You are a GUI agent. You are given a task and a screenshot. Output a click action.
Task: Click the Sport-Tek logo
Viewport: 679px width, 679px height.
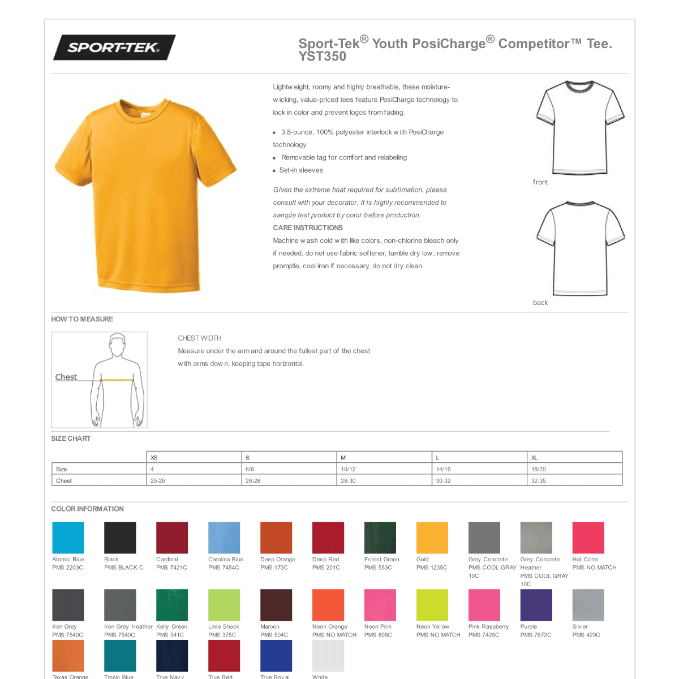[114, 48]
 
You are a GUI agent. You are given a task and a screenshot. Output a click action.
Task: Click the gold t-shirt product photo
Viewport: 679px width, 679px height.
[146, 195]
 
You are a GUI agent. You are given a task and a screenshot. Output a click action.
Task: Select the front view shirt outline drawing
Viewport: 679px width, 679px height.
[579, 128]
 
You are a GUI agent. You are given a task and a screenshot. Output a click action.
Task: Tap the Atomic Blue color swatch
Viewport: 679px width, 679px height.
[68, 538]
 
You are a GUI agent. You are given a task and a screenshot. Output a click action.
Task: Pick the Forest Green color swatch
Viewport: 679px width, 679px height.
[380, 538]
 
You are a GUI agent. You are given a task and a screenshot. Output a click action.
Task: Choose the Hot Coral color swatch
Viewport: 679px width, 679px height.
[588, 538]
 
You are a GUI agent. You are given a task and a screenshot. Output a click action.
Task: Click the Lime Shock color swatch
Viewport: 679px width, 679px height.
[224, 605]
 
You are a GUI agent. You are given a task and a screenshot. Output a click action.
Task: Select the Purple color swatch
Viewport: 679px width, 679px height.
[536, 605]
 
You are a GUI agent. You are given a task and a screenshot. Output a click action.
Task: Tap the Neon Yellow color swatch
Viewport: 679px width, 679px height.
[432, 605]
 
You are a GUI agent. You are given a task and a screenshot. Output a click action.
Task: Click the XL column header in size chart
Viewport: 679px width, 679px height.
[534, 458]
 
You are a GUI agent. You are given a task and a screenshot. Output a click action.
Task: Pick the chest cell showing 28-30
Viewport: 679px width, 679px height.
[348, 480]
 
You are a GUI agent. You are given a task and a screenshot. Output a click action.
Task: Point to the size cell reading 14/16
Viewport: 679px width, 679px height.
[443, 469]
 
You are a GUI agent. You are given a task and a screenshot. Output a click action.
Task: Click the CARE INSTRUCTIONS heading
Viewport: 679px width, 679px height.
[308, 228]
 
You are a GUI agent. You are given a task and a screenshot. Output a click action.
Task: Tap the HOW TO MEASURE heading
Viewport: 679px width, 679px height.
[82, 319]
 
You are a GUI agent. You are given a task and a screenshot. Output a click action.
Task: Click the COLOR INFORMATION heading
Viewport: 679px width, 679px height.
[87, 509]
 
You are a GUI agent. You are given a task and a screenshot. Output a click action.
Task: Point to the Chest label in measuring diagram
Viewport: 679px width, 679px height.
[66, 377]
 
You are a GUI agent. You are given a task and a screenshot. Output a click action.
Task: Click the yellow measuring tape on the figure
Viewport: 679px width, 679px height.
[117, 380]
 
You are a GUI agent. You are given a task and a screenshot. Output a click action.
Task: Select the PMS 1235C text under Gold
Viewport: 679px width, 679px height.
[432, 568]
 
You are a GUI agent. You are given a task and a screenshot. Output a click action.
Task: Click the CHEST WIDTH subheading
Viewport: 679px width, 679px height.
[199, 338]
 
